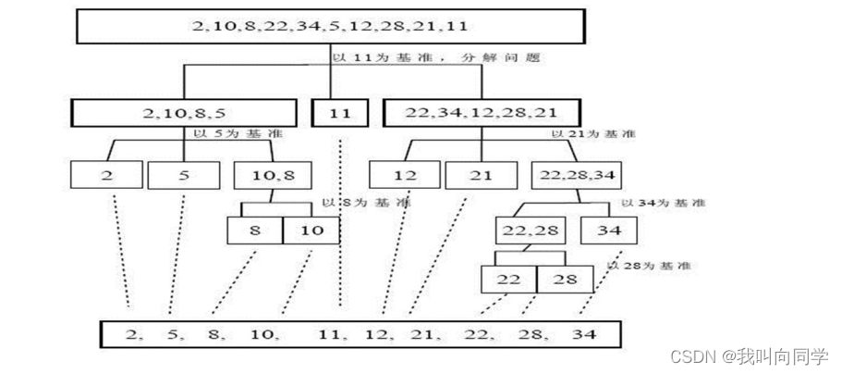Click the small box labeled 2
pos(105,175)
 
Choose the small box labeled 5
pos(183,175)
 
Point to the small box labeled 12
pos(404,175)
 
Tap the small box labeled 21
pos(481,175)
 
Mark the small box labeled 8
pos(254,230)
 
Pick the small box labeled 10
pos(311,230)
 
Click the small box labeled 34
pos(605,230)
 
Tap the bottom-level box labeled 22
pos(507,280)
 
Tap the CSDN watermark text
pos(750,356)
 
